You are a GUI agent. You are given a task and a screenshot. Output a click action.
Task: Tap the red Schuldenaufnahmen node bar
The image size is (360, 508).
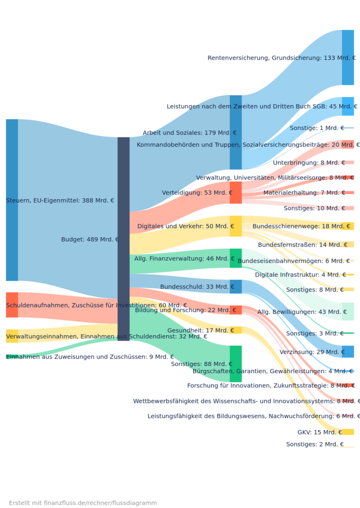click(12, 305)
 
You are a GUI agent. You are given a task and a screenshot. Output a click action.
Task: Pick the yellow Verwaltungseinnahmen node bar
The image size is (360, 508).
click(12, 336)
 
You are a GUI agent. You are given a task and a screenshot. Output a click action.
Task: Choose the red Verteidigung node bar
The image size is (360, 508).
click(235, 192)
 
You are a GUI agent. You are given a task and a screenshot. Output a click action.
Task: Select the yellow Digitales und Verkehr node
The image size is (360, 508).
click(235, 226)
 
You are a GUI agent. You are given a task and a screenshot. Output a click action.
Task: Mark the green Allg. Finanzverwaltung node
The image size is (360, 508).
click(235, 258)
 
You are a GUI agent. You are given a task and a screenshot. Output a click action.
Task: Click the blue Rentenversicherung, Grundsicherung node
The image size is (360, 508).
click(348, 58)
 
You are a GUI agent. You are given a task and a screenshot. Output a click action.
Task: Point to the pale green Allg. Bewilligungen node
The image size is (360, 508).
click(348, 312)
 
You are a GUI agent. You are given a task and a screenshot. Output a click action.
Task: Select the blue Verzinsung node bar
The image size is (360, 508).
click(348, 352)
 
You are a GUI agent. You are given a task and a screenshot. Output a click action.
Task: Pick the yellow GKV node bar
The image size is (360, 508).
click(348, 432)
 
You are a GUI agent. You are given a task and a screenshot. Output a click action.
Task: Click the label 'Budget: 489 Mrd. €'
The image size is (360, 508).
click(90, 239)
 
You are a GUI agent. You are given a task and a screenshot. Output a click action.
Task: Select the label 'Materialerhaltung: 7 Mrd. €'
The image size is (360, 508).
click(304, 192)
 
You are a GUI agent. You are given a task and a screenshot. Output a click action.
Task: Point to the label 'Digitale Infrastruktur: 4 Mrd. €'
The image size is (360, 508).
click(300, 275)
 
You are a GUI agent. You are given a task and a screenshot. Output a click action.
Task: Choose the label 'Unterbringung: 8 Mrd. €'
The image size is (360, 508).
click(309, 163)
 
